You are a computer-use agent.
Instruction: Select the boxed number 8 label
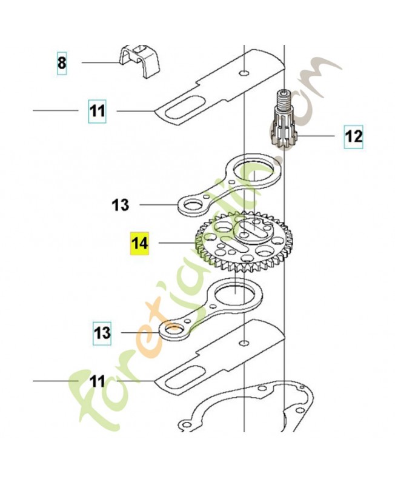click(x=62, y=62)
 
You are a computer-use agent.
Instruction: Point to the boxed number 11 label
click(x=97, y=111)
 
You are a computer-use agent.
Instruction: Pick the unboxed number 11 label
click(x=97, y=381)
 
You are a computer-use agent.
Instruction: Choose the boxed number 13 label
click(x=102, y=332)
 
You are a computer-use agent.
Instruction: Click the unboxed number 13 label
click(x=121, y=205)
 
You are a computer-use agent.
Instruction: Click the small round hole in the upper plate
click(x=243, y=73)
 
